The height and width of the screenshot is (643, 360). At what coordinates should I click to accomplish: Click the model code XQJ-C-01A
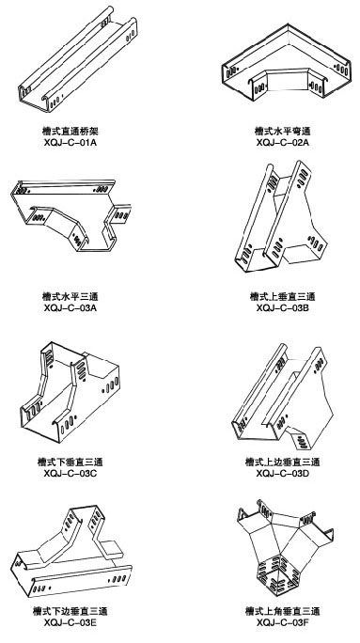coord(70,143)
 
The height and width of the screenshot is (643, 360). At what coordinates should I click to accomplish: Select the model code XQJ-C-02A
coord(283,143)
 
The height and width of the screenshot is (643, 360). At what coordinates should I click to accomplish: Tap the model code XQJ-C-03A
coord(70,307)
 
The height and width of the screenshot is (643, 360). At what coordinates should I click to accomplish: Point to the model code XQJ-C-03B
coord(283,307)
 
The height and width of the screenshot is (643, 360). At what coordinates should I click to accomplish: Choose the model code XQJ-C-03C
coord(70,473)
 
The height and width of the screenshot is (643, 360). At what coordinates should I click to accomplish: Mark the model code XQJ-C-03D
coord(283,473)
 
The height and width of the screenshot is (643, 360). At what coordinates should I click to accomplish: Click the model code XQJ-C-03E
coord(70,623)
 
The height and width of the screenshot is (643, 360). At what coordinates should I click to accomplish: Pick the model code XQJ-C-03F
coord(283,623)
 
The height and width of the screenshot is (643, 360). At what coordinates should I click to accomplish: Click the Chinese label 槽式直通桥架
coord(70,132)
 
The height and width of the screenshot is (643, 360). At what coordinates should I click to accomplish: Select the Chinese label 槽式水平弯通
coord(283,132)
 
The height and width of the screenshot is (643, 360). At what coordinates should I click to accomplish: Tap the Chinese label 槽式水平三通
coord(70,296)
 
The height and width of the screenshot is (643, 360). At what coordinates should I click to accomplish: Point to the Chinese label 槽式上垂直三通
coord(283,296)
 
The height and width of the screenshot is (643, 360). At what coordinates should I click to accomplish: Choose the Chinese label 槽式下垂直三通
coord(70,462)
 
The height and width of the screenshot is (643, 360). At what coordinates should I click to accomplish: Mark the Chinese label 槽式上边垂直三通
coord(283,462)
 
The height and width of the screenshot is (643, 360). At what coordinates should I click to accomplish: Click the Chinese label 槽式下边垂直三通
coord(70,611)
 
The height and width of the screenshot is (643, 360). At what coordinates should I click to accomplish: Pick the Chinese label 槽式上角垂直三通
coord(283,611)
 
